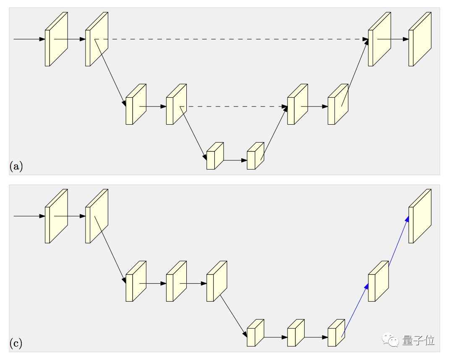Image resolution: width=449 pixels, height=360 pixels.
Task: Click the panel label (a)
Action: [16, 167]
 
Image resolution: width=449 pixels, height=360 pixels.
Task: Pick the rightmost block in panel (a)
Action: [420, 39]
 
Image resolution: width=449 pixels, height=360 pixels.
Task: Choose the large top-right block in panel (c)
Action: [420, 216]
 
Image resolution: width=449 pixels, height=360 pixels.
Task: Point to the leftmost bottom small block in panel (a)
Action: [214, 156]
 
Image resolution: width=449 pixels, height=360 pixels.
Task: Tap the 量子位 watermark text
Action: [418, 340]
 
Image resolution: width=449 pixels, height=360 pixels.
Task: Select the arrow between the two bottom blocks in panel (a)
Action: [235, 160]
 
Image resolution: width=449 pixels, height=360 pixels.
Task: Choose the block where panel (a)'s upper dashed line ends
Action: [379, 39]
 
